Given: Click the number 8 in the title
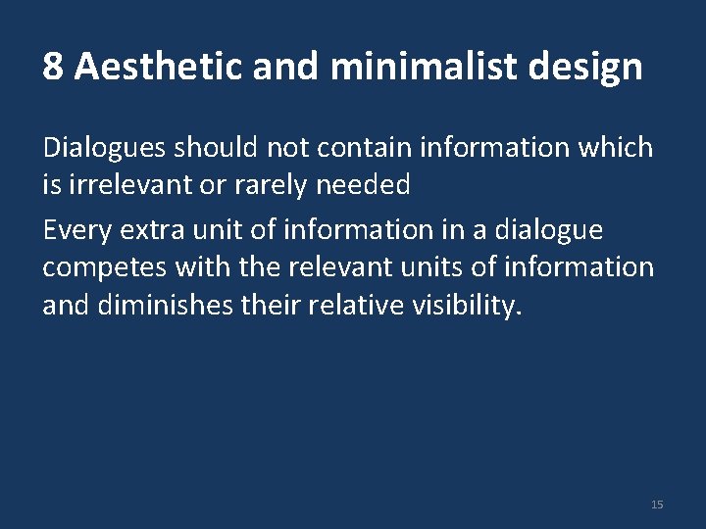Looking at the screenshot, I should (x=54, y=68).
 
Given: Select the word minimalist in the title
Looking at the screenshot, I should (x=413, y=68).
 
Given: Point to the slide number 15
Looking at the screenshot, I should (x=657, y=505).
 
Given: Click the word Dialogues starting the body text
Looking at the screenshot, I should (x=105, y=148).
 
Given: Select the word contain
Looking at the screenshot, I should (x=364, y=148).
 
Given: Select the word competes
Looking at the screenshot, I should (x=104, y=267).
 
